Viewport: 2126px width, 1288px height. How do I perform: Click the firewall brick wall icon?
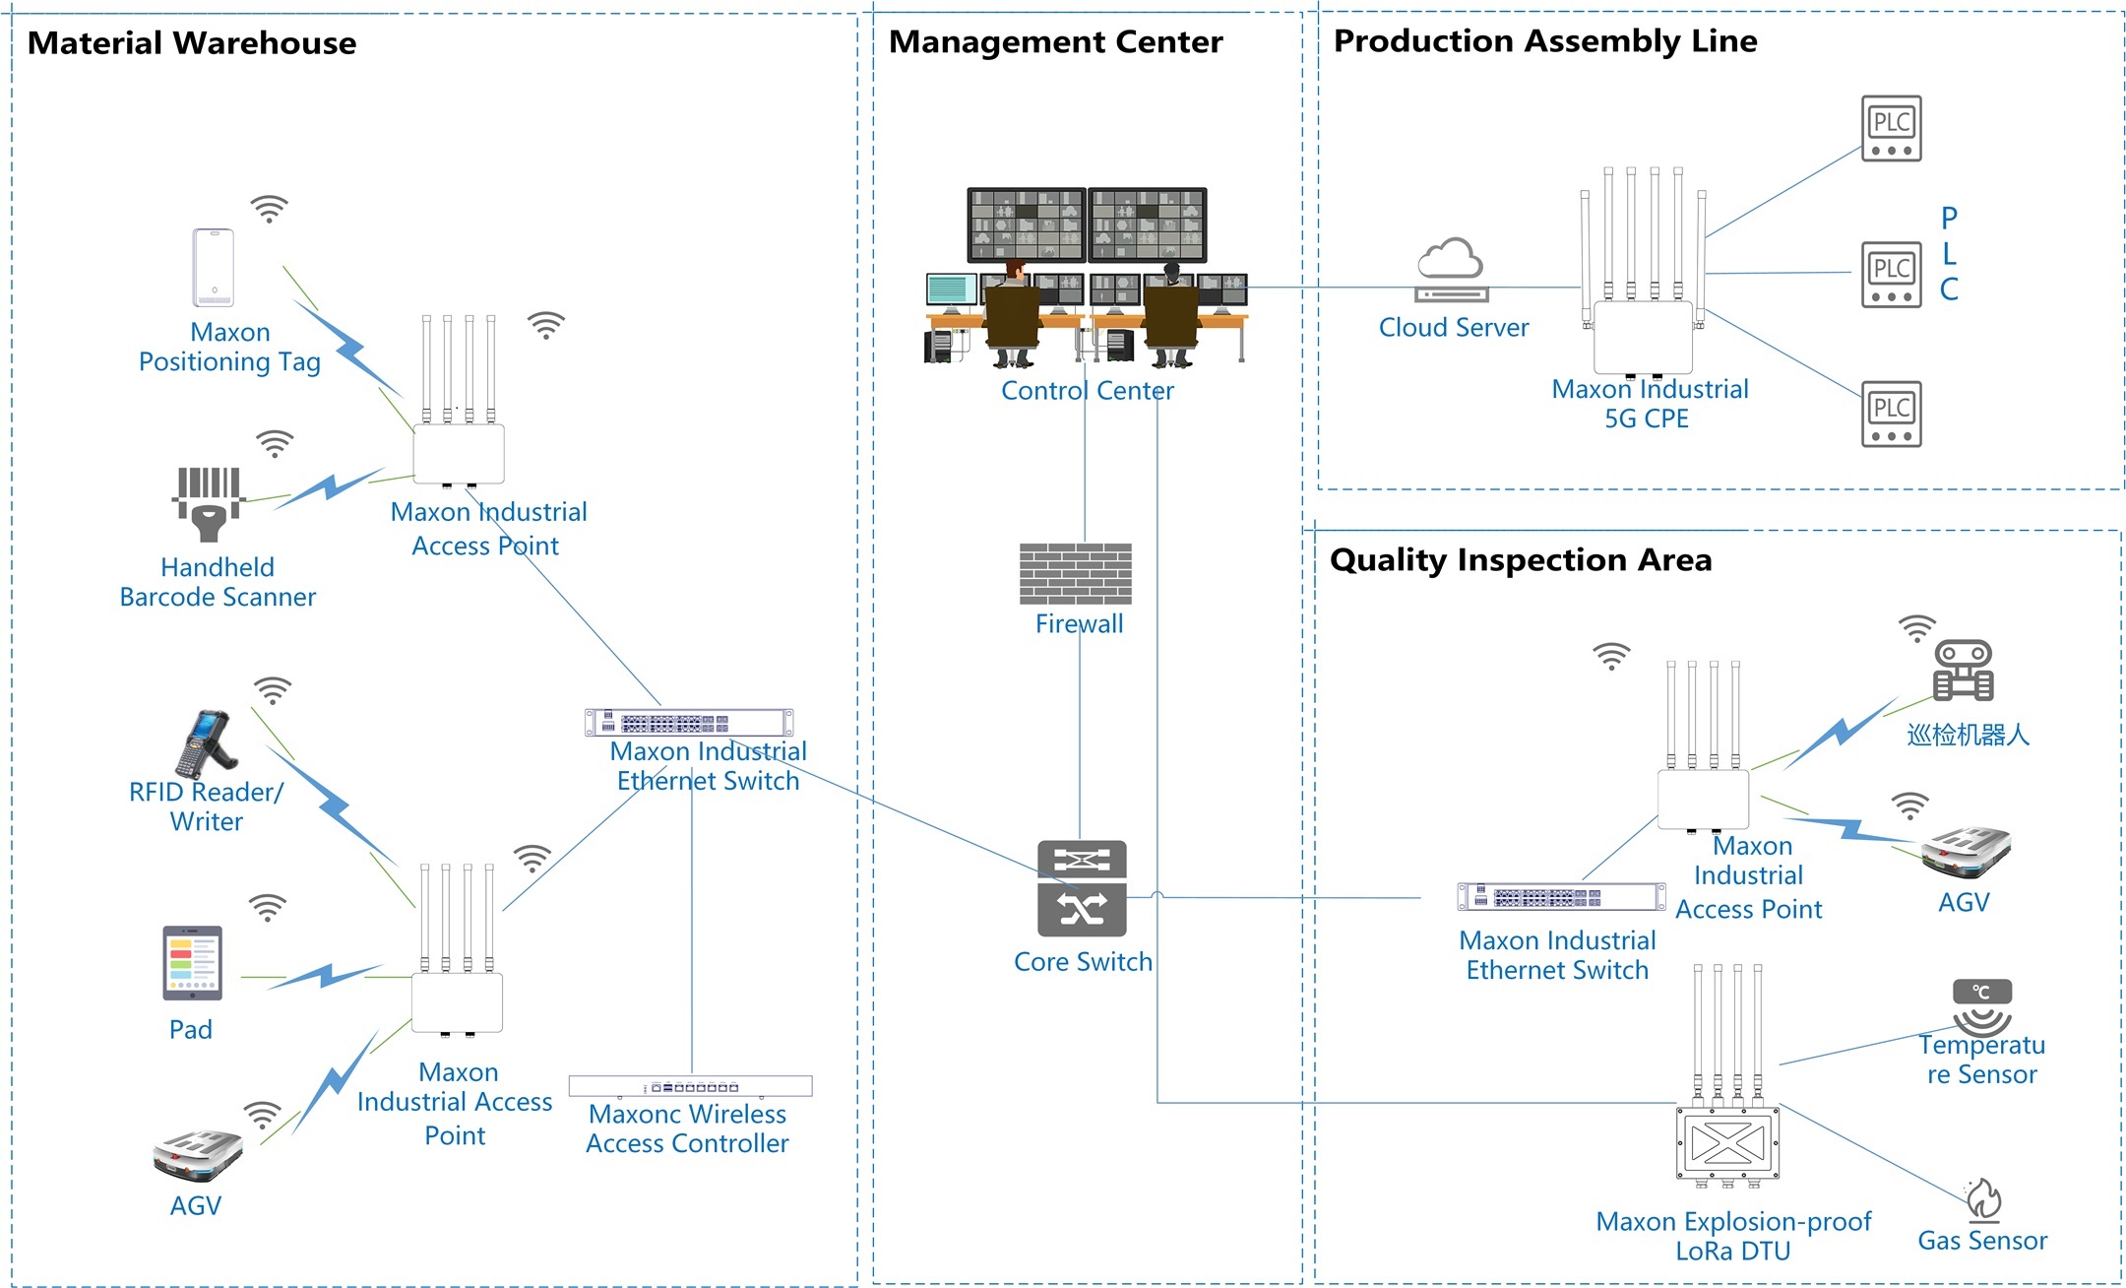click(1075, 574)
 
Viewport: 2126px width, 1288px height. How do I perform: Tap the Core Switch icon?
click(1082, 888)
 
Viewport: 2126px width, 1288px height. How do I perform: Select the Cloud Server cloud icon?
click(1451, 269)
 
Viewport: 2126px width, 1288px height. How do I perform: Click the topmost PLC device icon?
click(1891, 128)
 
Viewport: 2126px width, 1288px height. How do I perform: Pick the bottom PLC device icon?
click(1891, 414)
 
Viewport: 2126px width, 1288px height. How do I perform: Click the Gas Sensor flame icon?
click(1982, 1198)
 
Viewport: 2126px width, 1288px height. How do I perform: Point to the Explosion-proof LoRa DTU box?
click(1727, 1142)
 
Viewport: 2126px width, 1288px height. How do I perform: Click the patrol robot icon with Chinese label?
click(1963, 671)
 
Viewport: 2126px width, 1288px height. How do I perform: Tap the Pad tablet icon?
click(192, 963)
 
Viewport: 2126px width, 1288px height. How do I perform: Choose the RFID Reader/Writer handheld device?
click(207, 743)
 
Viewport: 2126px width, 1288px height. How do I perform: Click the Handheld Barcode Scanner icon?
click(208, 502)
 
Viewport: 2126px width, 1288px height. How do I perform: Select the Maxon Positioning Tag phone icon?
click(213, 268)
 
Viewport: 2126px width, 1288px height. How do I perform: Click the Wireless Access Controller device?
click(690, 1086)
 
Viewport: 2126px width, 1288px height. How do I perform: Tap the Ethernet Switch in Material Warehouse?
click(688, 723)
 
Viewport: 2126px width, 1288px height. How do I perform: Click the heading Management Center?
click(1055, 41)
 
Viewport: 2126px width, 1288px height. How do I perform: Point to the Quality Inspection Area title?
click(1520, 559)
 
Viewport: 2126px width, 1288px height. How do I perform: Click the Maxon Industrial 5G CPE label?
click(1650, 404)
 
